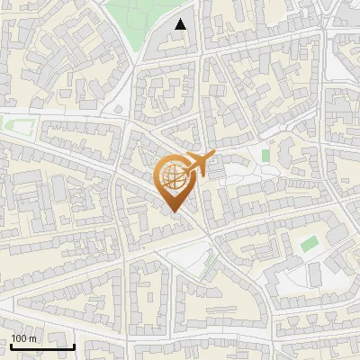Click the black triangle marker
pyautogui.click(x=181, y=24)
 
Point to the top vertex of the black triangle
pyautogui.click(x=181, y=19)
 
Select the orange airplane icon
pyautogui.click(x=200, y=165)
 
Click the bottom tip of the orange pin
pyautogui.click(x=173, y=212)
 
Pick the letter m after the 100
pyautogui.click(x=31, y=338)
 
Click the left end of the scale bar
pyautogui.click(x=11, y=346)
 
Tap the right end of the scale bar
pyautogui.click(x=74, y=346)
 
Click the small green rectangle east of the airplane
pyautogui.click(x=265, y=155)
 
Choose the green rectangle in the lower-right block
pyautogui.click(x=309, y=244)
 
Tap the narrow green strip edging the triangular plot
pyautogui.click(x=209, y=264)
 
